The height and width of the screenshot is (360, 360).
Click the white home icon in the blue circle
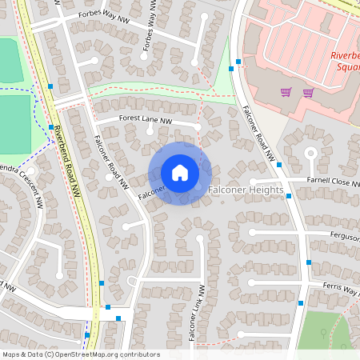pyautogui.click(x=180, y=173)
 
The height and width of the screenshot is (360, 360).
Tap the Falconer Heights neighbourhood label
pyautogui.click(x=246, y=190)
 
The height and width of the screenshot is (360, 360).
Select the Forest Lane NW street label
pyautogui.click(x=146, y=119)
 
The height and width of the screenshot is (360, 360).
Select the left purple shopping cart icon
pyautogui.click(x=286, y=93)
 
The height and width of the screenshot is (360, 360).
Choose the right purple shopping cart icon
pyautogui.click(x=308, y=93)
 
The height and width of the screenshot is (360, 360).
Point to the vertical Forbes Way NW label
pyautogui.click(x=150, y=31)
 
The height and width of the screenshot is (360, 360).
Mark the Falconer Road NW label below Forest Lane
pyautogui.click(x=111, y=161)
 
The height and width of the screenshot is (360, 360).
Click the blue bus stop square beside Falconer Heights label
pyautogui.click(x=279, y=165)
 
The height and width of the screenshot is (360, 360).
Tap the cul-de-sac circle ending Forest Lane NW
pyautogui.click(x=198, y=126)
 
